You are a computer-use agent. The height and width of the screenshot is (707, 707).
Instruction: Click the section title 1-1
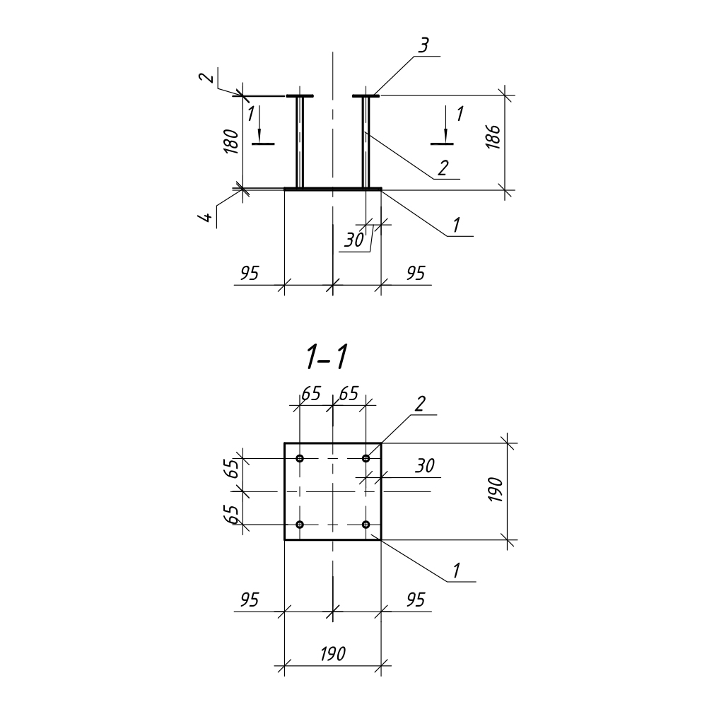pyautogui.click(x=327, y=358)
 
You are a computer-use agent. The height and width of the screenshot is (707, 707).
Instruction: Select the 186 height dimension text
pyautogui.click(x=493, y=136)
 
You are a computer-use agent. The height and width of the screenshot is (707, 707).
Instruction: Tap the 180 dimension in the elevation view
pyautogui.click(x=231, y=141)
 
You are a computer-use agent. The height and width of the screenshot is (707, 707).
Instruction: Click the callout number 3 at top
pyautogui.click(x=423, y=46)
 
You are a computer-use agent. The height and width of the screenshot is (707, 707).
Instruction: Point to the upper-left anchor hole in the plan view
pyautogui.click(x=300, y=459)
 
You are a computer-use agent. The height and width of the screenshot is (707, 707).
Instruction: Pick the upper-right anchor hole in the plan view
pyautogui.click(x=366, y=459)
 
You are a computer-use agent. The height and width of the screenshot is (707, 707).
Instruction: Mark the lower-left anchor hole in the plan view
pyautogui.click(x=300, y=525)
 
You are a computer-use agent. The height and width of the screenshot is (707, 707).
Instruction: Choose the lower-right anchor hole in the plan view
pyautogui.click(x=366, y=525)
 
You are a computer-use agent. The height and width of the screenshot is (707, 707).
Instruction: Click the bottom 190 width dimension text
pyautogui.click(x=333, y=653)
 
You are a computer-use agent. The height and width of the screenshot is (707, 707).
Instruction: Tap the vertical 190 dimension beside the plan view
pyautogui.click(x=495, y=490)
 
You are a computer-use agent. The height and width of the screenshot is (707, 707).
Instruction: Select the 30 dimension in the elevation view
pyautogui.click(x=354, y=240)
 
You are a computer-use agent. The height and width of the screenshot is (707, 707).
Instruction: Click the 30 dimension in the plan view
pyautogui.click(x=425, y=466)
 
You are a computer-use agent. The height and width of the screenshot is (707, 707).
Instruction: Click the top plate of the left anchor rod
pyautogui.click(x=300, y=96)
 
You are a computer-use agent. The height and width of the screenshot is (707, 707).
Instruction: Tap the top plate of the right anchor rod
pyautogui.click(x=366, y=96)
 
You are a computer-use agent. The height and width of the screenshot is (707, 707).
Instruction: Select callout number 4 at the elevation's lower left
pyautogui.click(x=206, y=217)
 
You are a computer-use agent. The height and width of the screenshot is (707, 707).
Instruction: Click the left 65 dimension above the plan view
pyautogui.click(x=311, y=394)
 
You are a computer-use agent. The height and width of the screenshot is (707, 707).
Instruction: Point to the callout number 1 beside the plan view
pyautogui.click(x=456, y=571)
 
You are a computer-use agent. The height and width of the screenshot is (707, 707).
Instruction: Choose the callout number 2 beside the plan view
pyautogui.click(x=419, y=404)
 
